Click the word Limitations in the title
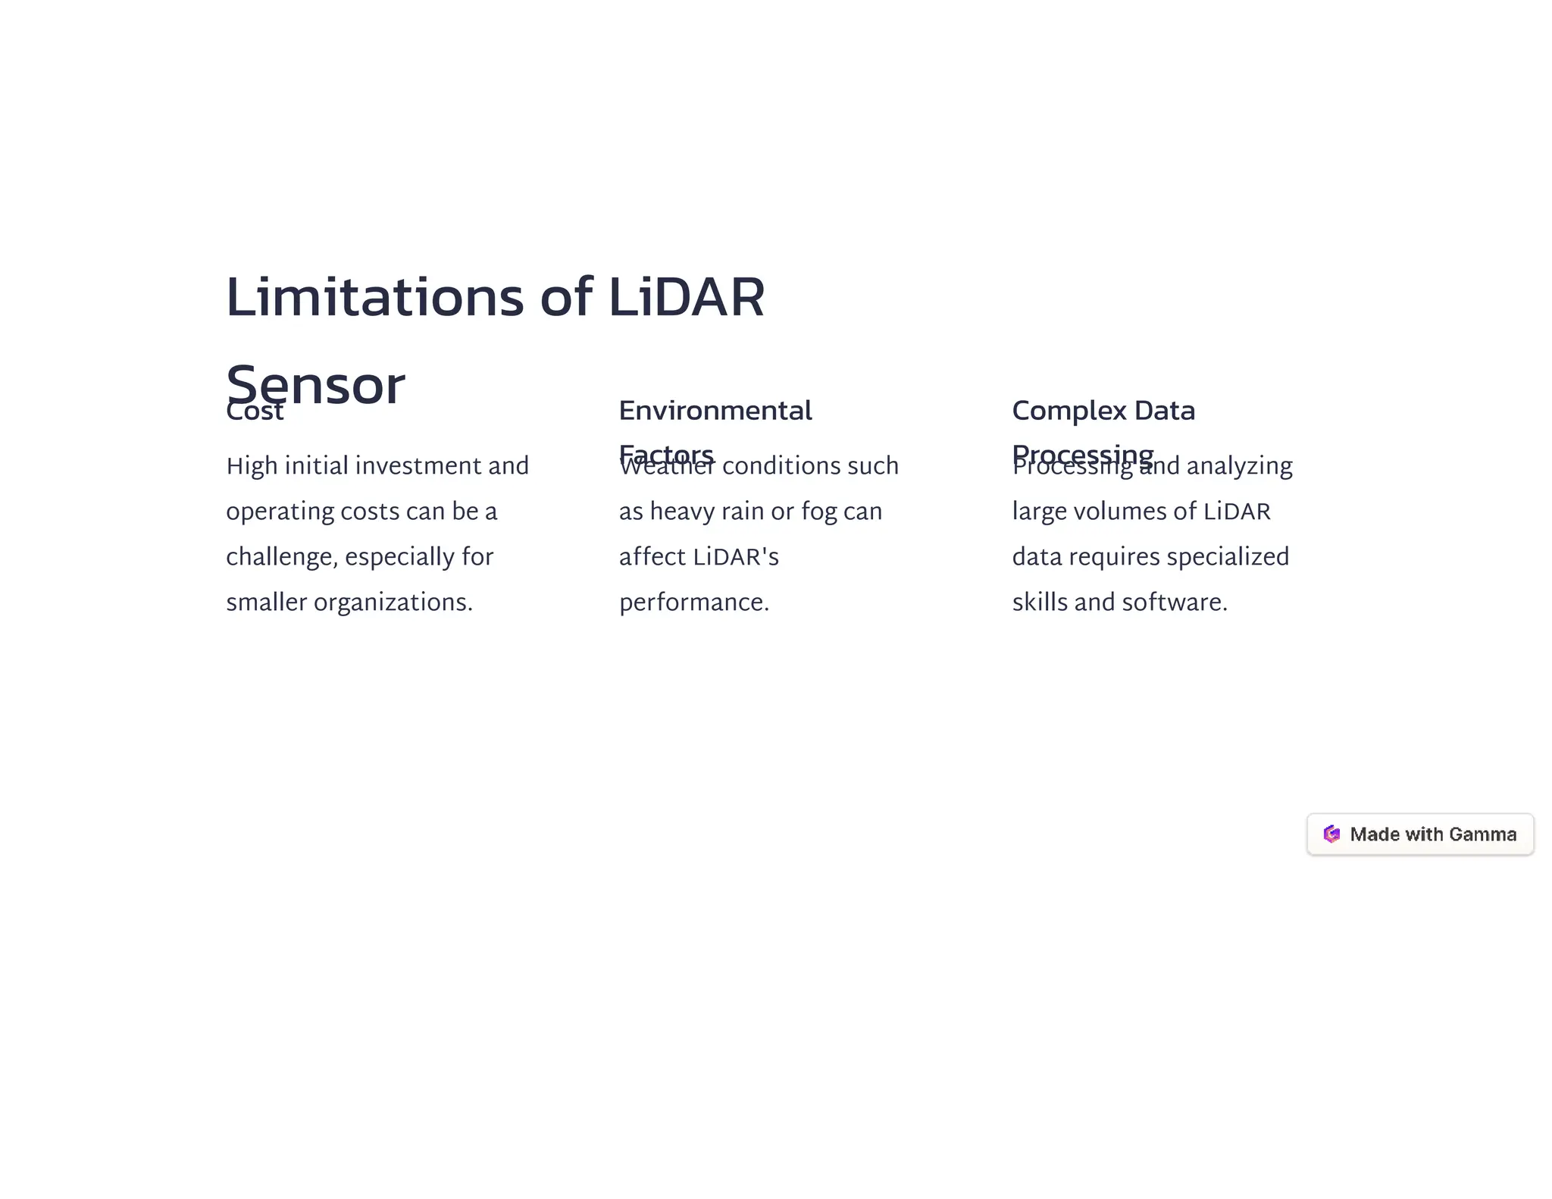374,297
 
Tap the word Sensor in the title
315,385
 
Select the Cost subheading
255,412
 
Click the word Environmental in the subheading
715,411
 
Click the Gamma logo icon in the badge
1331,834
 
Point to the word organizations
393,603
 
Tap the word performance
693,603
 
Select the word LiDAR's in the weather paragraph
735,557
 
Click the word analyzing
1239,466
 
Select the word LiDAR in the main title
686,297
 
